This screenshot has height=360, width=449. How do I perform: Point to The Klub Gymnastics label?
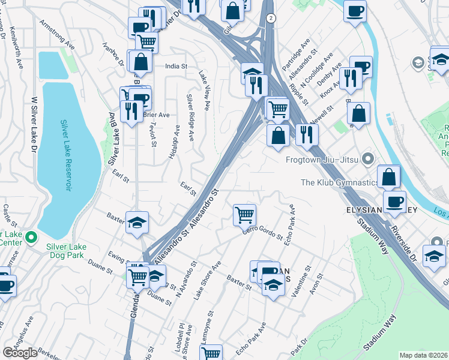pyautogui.click(x=339, y=182)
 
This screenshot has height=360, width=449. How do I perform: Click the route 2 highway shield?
pyautogui.click(x=271, y=18)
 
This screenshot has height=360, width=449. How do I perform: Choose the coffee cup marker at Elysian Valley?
pyautogui.click(x=394, y=202)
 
